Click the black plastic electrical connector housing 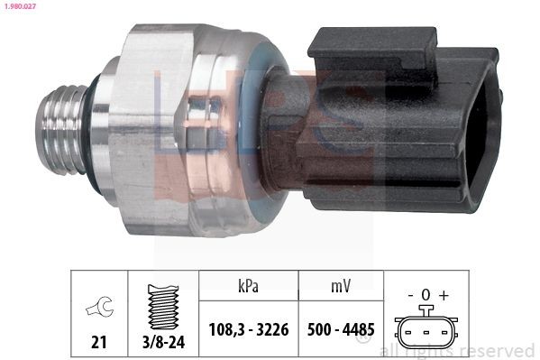[x=406, y=126]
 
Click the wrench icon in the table [x=98, y=308]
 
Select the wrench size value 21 [x=98, y=342]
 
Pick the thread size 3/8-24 [x=162, y=342]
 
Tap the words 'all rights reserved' [x=457, y=351]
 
